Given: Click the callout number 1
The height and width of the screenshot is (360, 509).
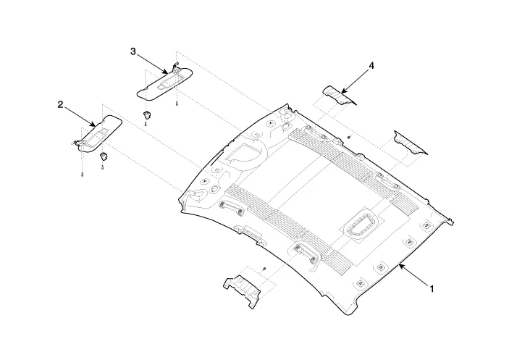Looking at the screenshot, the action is click(x=432, y=288).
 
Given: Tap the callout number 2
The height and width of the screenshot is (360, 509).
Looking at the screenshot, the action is click(x=60, y=105).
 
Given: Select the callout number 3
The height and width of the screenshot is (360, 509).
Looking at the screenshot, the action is click(x=133, y=51).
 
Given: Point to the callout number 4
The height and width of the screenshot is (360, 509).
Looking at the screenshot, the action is click(x=371, y=66).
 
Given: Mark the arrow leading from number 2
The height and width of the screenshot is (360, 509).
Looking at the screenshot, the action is click(x=80, y=117).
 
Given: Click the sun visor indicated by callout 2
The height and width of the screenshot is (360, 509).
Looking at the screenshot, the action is click(x=97, y=133).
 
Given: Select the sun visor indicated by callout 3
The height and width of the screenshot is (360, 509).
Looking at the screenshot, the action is click(x=164, y=83).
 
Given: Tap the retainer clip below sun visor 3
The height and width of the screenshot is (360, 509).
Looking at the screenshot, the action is click(x=147, y=114).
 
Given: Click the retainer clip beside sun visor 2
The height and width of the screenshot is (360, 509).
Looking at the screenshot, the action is click(x=104, y=156).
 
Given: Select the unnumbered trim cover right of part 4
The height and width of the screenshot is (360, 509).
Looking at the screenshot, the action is click(x=411, y=142).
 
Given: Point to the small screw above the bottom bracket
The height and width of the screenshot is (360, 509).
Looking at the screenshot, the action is click(x=264, y=269).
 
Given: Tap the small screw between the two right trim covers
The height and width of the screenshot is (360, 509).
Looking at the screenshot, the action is click(x=348, y=137).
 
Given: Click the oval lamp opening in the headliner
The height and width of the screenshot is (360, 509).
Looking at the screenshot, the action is click(x=360, y=225).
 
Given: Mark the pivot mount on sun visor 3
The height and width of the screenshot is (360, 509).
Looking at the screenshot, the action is click(x=176, y=69).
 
